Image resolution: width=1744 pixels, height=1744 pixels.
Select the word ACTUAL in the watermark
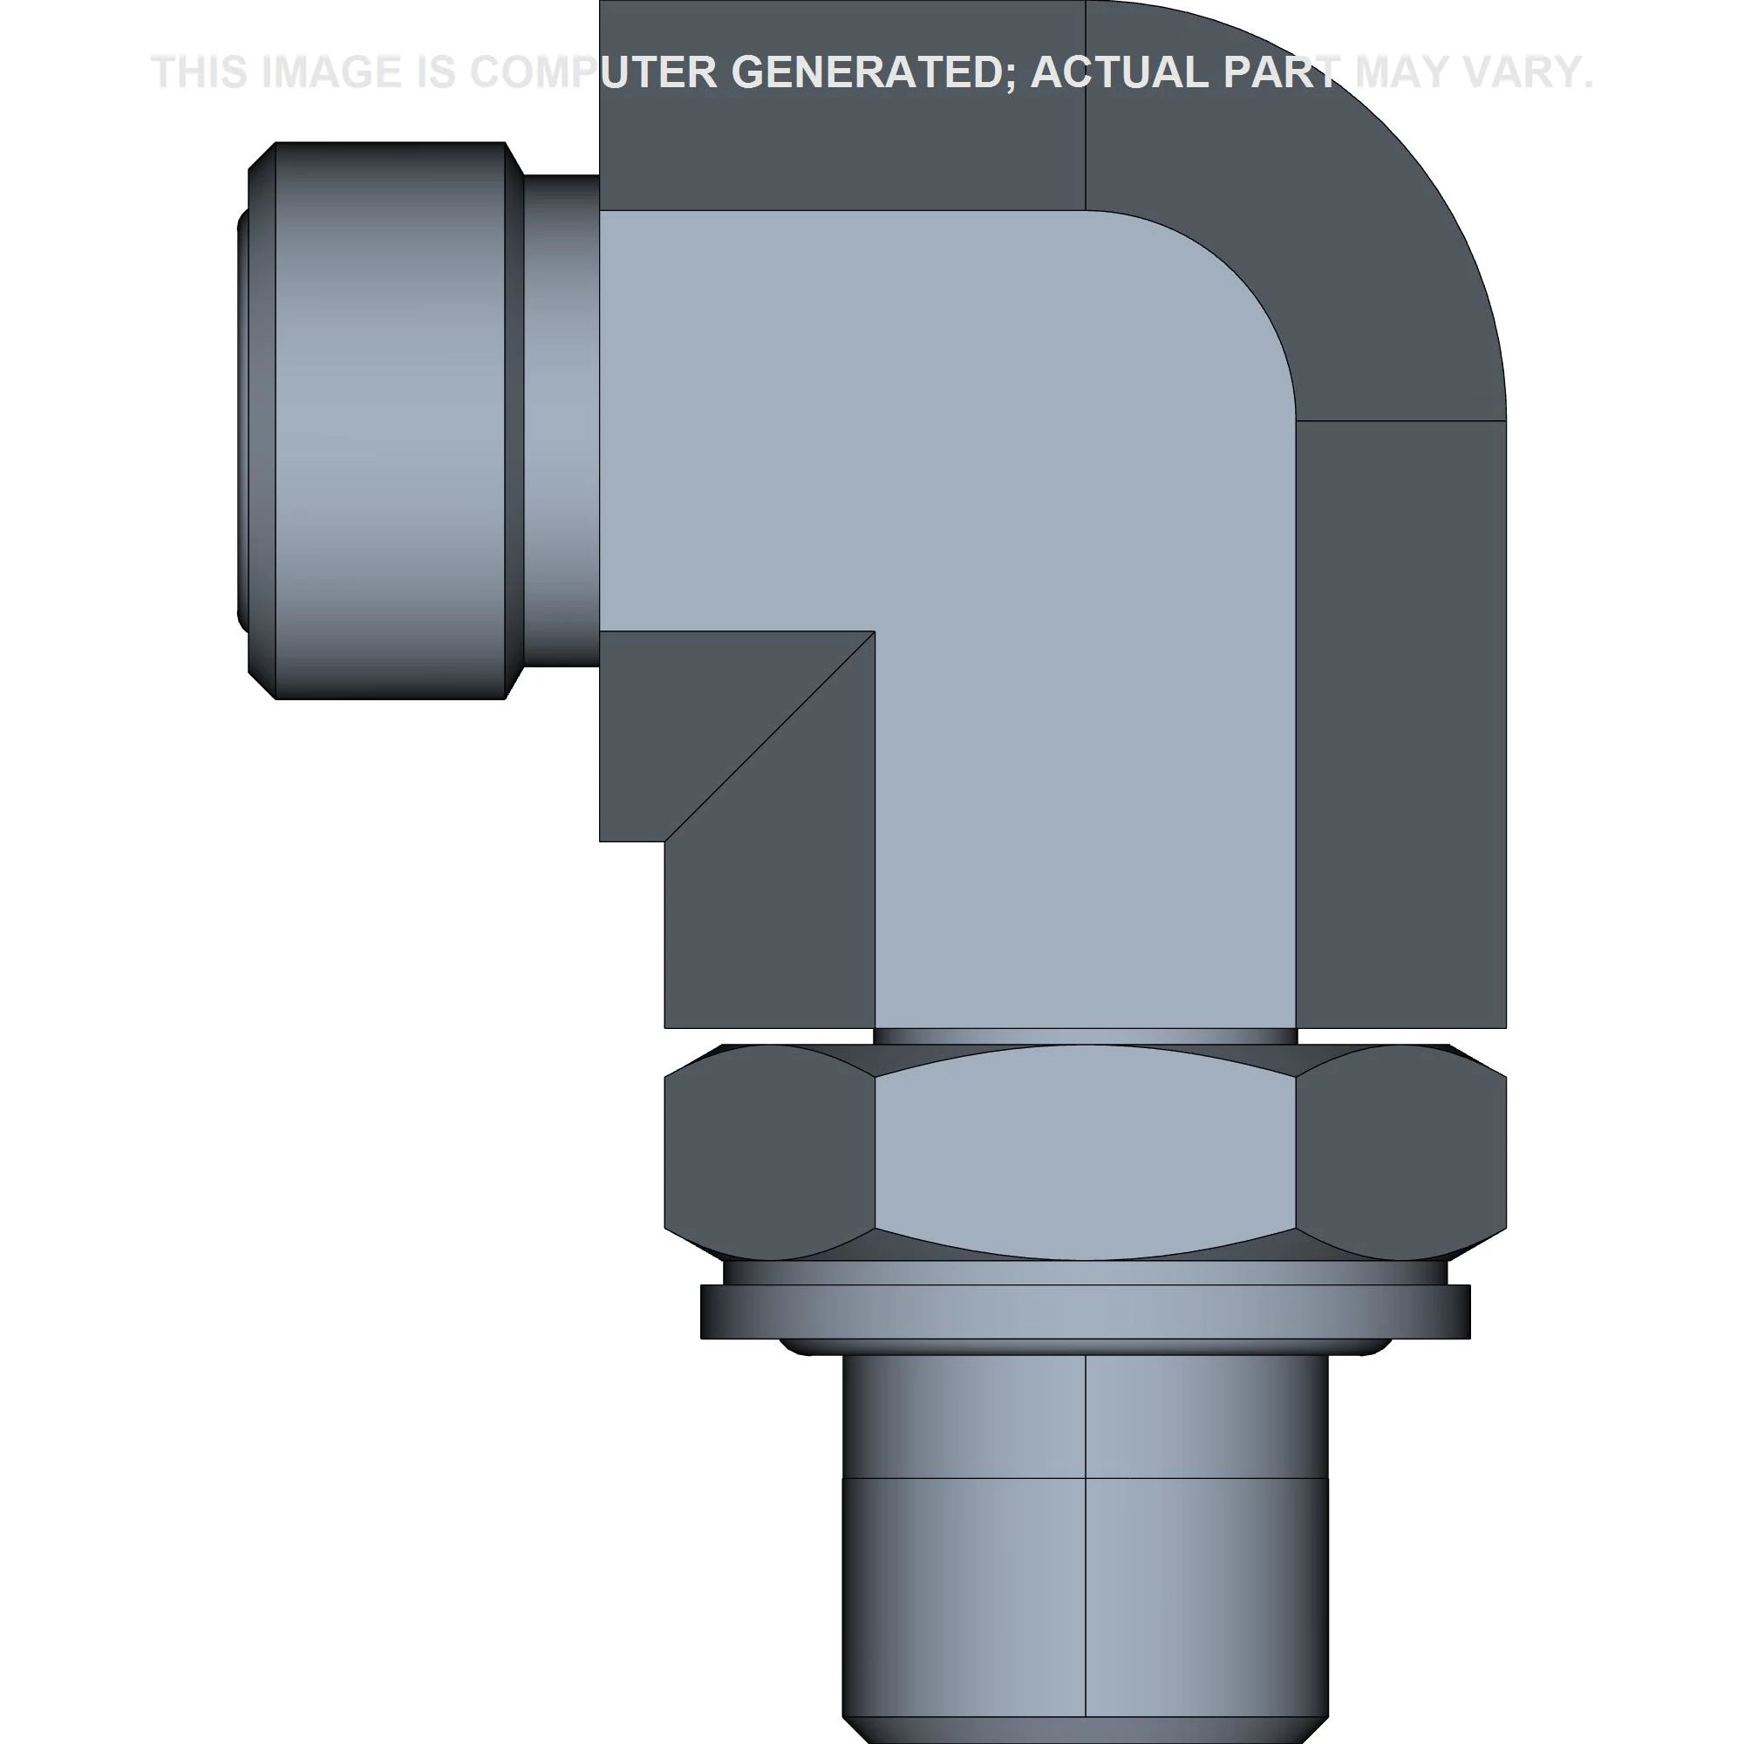click(x=1119, y=72)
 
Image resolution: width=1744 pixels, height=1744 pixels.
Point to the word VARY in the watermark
click(x=1525, y=72)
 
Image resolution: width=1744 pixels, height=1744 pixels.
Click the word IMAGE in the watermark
click(x=330, y=72)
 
